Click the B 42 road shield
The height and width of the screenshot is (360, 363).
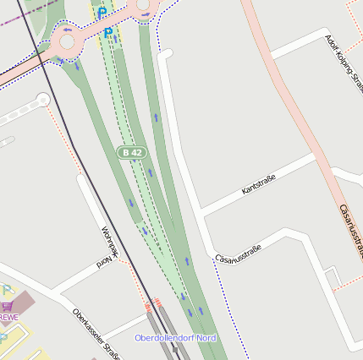point(131,152)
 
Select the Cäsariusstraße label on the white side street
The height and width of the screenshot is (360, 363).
point(239,253)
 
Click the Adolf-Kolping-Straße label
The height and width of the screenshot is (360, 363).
point(343,60)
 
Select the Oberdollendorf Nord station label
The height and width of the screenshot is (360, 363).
point(175,338)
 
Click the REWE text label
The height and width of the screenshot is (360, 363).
point(8,318)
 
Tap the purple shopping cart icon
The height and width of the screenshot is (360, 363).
point(7,306)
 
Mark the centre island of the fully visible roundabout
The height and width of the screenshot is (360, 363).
point(67,41)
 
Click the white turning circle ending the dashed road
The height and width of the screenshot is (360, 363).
point(42,101)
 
